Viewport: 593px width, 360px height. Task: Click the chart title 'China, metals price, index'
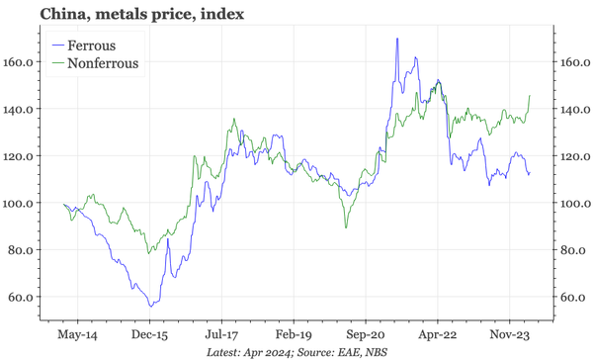tap(128, 14)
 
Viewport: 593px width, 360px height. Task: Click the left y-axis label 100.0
tap(21, 204)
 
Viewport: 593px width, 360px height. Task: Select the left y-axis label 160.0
tap(21, 62)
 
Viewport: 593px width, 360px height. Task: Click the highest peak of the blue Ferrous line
tap(397, 39)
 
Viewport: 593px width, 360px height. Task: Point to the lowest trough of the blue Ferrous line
tap(149, 307)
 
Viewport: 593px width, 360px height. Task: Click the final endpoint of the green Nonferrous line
tap(531, 96)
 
